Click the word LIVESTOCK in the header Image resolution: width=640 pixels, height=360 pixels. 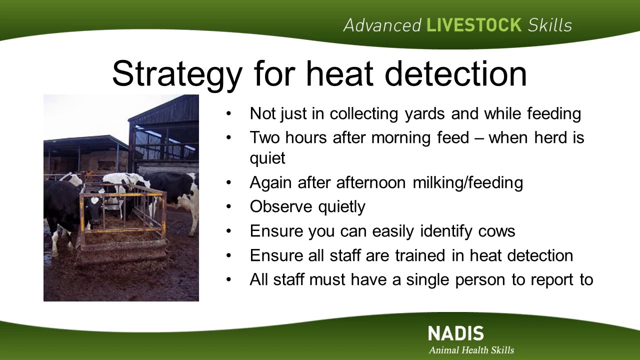pos(474,25)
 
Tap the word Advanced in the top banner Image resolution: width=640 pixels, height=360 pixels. pos(382,25)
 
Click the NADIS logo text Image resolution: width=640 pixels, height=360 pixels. pos(456,333)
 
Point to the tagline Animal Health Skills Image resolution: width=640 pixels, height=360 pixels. pos(471,350)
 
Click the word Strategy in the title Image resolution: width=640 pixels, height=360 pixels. pos(177,75)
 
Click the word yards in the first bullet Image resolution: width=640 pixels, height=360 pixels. pos(425,113)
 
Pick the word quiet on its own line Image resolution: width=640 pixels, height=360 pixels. pos(267,158)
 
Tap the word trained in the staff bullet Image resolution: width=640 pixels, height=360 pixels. pos(420,255)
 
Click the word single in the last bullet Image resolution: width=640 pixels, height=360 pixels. pos(427,279)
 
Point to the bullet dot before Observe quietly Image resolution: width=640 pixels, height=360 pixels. pos(228,206)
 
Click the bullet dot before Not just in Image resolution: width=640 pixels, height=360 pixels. pos(228,113)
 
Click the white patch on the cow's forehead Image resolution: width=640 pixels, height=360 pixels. pos(94,200)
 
